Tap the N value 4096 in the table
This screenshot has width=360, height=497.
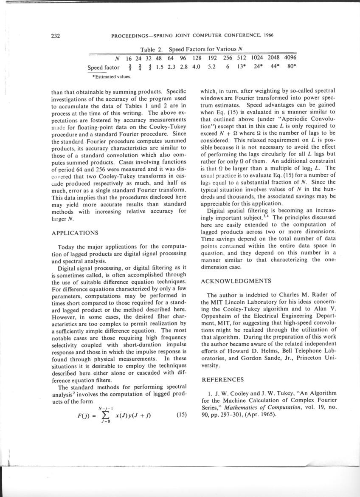pos(290,58)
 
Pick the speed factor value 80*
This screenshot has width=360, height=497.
pos(291,67)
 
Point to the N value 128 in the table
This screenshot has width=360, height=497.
pos(196,58)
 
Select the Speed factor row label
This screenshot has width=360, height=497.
pos(103,67)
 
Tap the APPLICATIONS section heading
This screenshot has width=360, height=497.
pos(75,233)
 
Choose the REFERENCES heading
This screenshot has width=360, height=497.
pos(222,379)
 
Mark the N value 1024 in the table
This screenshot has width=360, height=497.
pos(258,58)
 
